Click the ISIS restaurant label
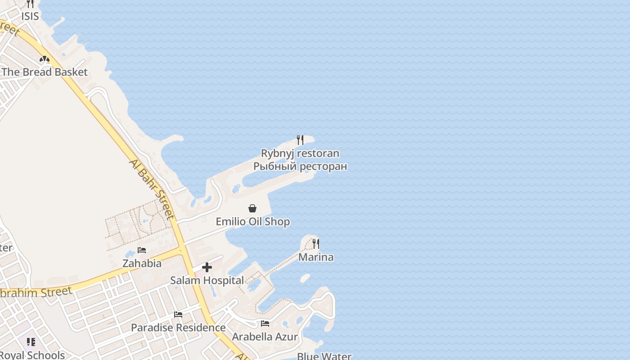click(30, 16)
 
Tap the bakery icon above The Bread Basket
click(44, 59)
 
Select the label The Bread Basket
click(45, 72)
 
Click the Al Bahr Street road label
click(152, 189)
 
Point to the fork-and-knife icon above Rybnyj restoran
click(300, 140)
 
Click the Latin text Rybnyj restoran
click(300, 153)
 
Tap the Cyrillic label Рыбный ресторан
click(300, 166)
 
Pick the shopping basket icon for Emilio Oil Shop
click(252, 208)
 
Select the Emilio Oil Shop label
click(252, 222)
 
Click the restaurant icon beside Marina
click(316, 244)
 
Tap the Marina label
click(316, 257)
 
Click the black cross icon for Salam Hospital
click(207, 268)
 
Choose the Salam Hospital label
click(207, 281)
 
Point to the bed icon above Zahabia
click(142, 250)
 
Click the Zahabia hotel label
click(142, 263)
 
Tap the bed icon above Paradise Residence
click(178, 315)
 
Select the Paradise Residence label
click(178, 328)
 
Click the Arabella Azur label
click(265, 337)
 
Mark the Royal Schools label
click(32, 355)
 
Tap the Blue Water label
click(324, 356)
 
